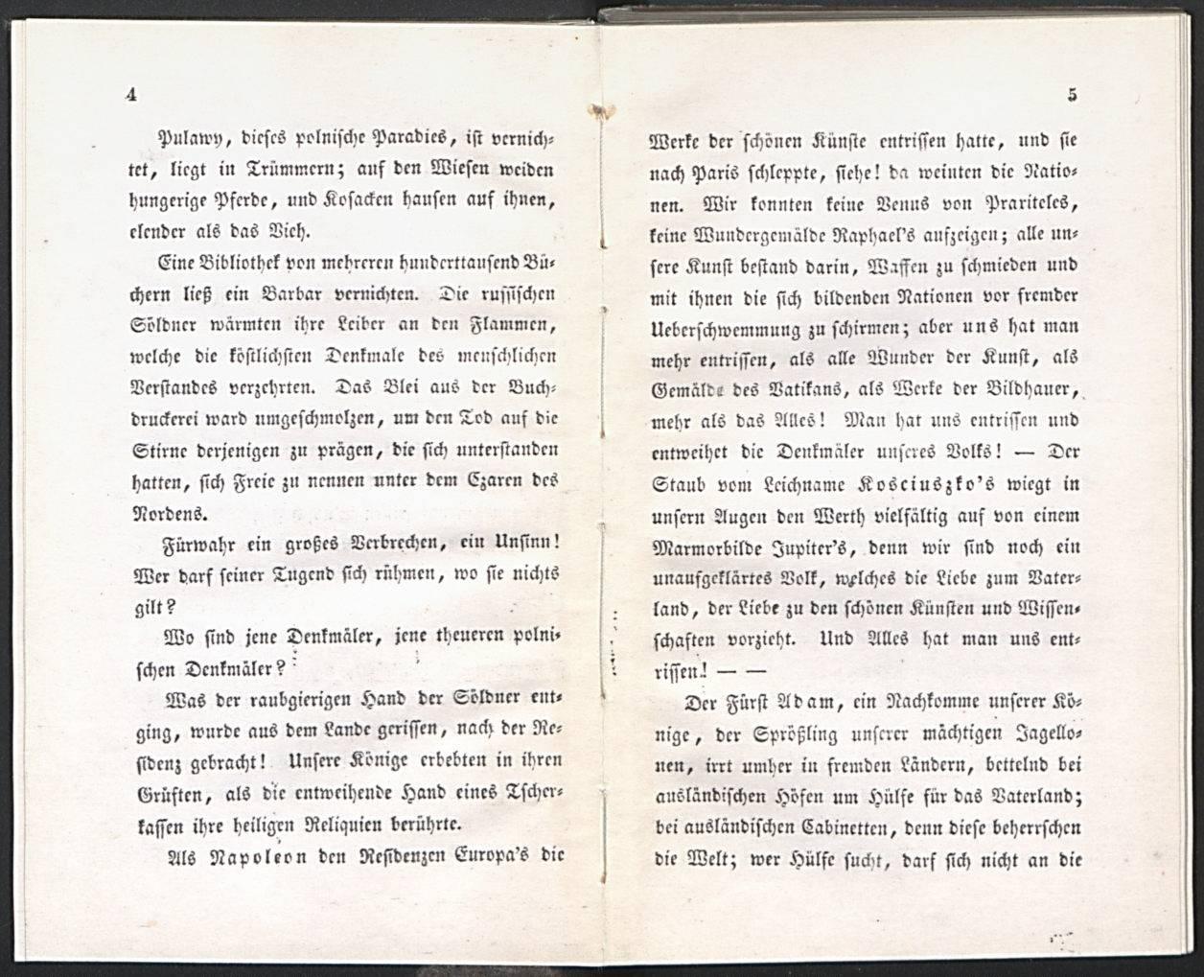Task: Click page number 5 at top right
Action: click(1073, 94)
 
